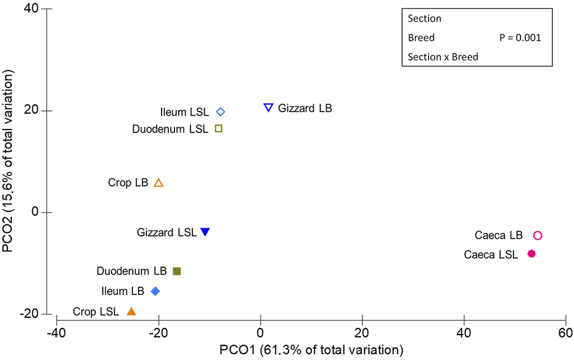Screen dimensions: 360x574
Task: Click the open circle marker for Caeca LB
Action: (x=537, y=235)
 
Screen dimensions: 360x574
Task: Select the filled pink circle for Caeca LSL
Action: (x=531, y=253)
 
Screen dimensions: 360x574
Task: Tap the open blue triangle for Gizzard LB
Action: (x=268, y=107)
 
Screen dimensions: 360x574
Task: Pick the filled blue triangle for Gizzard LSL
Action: (x=205, y=232)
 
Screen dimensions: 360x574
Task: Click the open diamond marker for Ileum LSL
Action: (x=221, y=112)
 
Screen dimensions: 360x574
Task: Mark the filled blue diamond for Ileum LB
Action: (x=155, y=291)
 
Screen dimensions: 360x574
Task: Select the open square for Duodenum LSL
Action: (x=218, y=128)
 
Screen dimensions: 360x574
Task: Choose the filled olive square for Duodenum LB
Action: (x=177, y=271)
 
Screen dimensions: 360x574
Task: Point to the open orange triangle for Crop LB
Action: (x=158, y=183)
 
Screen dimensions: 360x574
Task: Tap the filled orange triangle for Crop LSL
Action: (x=131, y=311)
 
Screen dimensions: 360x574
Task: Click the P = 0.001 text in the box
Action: (x=520, y=38)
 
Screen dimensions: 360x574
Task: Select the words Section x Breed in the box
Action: (x=443, y=57)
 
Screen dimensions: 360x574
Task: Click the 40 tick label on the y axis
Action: (x=31, y=9)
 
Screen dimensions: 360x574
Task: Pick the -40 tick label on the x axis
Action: (x=56, y=333)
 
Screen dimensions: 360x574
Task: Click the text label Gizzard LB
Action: (x=305, y=108)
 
